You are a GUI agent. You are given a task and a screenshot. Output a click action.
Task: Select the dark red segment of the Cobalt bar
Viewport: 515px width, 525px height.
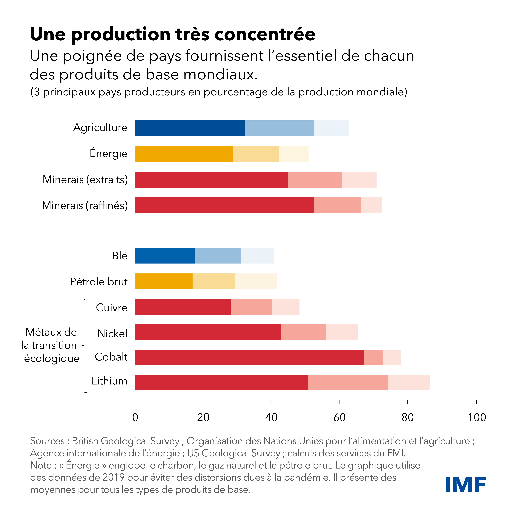[249, 358]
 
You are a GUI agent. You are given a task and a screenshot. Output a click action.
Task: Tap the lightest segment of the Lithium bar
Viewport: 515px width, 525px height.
[409, 382]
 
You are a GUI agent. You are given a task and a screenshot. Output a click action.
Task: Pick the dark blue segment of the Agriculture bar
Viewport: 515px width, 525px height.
[190, 128]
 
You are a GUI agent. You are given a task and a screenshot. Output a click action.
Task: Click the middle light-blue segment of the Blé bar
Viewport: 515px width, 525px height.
[218, 255]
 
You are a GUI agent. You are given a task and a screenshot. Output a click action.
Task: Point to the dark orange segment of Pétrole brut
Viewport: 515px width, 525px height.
[164, 281]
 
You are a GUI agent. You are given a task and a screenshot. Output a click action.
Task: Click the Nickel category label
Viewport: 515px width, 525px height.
[112, 334]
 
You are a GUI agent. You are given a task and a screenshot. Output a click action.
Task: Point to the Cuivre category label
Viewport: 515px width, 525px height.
[111, 308]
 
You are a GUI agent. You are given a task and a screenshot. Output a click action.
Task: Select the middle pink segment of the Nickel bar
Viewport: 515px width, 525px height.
[303, 332]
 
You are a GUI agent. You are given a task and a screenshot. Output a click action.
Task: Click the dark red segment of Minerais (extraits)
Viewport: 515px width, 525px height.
[212, 180]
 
